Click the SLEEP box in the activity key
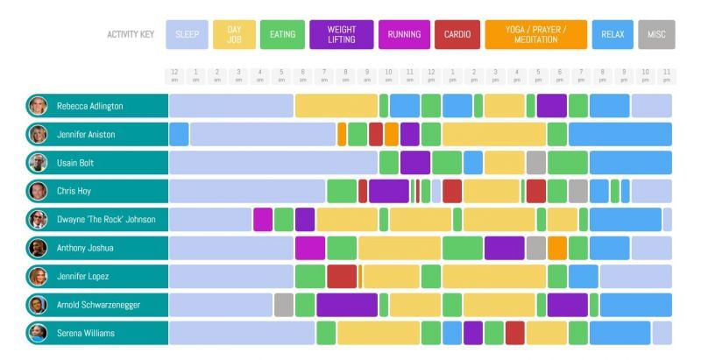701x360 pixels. pyautogui.click(x=187, y=35)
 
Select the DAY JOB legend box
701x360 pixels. pyautogui.click(x=234, y=35)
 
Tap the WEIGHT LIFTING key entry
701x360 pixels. pyautogui.click(x=341, y=35)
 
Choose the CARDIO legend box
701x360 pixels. pyautogui.click(x=457, y=35)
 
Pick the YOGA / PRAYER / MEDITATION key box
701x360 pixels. pyautogui.click(x=535, y=35)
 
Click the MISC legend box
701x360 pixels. pyautogui.click(x=656, y=35)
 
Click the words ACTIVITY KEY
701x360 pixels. pyautogui.click(x=131, y=35)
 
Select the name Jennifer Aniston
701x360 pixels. pyautogui.click(x=86, y=135)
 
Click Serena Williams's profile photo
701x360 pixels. pyautogui.click(x=37, y=334)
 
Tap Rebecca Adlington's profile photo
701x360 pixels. pyautogui.click(x=37, y=106)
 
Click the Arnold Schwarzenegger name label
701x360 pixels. pyautogui.click(x=98, y=305)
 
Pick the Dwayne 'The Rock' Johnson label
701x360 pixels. pyautogui.click(x=106, y=220)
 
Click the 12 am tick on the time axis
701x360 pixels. pyautogui.click(x=175, y=76)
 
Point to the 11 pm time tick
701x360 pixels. pyautogui.click(x=667, y=76)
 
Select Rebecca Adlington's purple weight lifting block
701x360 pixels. pyautogui.click(x=551, y=106)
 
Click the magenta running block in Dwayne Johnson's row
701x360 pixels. pyautogui.click(x=263, y=220)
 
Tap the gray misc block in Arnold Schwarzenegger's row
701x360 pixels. pyautogui.click(x=283, y=305)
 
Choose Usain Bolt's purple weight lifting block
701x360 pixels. pyautogui.click(x=414, y=163)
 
